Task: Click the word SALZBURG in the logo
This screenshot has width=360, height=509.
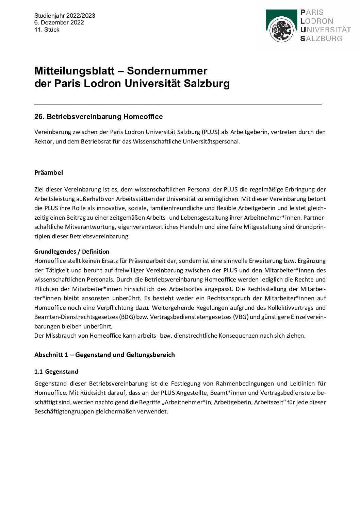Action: (321, 38)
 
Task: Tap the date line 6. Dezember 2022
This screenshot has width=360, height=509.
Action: (59, 22)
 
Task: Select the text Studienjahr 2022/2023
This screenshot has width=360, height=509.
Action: (65, 16)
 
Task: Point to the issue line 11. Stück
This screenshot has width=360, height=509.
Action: (47, 30)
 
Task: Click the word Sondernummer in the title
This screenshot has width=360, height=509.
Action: (167, 71)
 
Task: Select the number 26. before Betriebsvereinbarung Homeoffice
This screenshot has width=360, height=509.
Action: (39, 117)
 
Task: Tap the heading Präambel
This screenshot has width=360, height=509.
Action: (49, 172)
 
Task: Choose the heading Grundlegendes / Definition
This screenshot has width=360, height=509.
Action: (72, 252)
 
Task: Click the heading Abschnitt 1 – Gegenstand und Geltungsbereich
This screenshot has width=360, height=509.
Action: (104, 355)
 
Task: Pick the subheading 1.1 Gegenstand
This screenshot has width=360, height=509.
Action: (56, 372)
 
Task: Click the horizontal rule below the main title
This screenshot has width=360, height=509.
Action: (178, 104)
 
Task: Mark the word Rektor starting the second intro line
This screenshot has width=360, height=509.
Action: (43, 141)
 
